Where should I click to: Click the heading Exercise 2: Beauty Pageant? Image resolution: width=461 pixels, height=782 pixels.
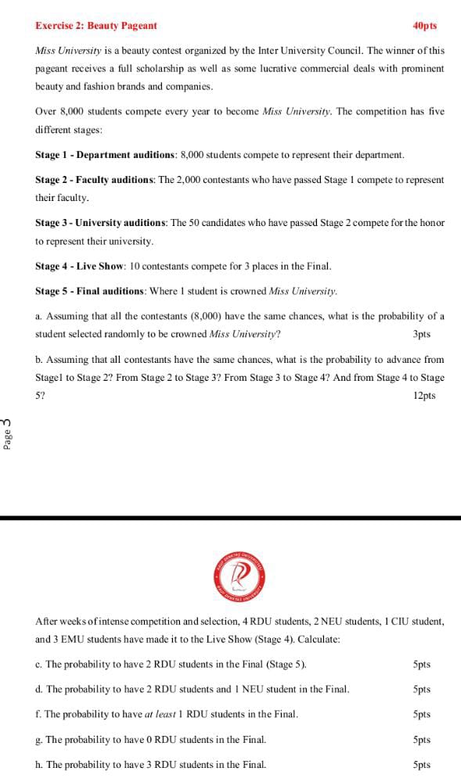(95, 26)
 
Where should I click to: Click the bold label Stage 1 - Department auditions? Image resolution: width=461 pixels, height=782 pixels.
(106, 156)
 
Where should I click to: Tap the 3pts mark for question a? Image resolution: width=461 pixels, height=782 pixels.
(421, 335)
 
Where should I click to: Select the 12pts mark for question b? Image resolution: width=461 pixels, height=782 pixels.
(423, 396)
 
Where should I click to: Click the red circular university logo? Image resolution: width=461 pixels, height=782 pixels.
(241, 577)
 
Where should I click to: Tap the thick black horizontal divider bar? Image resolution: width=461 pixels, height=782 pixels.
(230, 518)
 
